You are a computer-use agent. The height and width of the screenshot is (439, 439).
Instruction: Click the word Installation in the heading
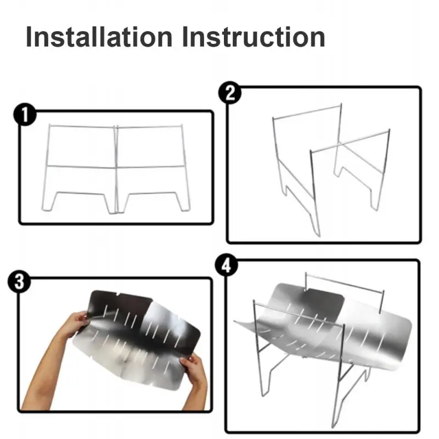pyautogui.click(x=99, y=37)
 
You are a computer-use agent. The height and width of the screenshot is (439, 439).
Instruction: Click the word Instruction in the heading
pyautogui.click(x=254, y=37)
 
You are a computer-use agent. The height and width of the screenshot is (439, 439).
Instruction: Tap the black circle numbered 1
pyautogui.click(x=25, y=115)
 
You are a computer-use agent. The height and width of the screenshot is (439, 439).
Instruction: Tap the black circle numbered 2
pyautogui.click(x=230, y=93)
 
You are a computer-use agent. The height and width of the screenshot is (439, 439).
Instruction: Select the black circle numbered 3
pyautogui.click(x=19, y=282)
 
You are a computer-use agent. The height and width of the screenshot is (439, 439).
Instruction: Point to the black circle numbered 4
pyautogui.click(x=227, y=266)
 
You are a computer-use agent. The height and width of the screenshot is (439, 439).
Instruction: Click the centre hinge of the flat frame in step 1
pyautogui.click(x=116, y=170)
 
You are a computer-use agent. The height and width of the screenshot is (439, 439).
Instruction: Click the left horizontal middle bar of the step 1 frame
pyautogui.click(x=81, y=167)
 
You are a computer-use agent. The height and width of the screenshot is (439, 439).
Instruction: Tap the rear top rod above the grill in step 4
pyautogui.click(x=345, y=283)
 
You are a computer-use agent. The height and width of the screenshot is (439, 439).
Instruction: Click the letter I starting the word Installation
pyautogui.click(x=29, y=37)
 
